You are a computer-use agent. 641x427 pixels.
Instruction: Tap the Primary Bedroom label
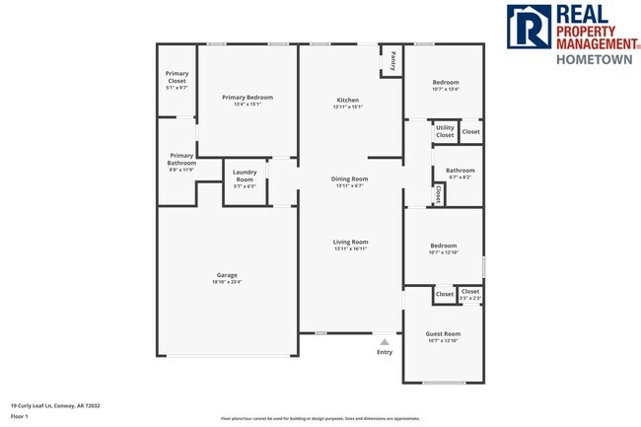click(247, 97)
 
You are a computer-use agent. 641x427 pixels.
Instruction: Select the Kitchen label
click(348, 101)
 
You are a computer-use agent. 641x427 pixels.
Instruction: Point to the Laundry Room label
click(245, 176)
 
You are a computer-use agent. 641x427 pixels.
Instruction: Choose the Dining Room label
click(350, 178)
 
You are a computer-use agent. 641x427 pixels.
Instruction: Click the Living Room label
click(350, 242)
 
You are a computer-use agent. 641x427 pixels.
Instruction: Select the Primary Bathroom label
click(181, 158)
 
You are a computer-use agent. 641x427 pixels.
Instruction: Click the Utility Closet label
click(445, 130)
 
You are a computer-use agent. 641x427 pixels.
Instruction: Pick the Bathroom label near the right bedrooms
click(460, 170)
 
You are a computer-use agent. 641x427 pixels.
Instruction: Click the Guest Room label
click(443, 333)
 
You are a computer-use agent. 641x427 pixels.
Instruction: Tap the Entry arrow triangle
click(385, 342)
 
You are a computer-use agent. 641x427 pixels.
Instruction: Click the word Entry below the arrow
click(385, 352)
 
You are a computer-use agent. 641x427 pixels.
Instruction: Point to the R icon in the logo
click(526, 28)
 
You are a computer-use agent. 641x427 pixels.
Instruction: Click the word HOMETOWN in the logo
click(594, 59)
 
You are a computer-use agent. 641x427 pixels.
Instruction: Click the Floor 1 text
click(20, 416)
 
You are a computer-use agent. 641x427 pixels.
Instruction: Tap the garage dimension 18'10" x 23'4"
click(226, 282)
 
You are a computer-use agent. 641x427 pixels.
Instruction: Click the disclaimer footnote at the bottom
click(320, 419)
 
